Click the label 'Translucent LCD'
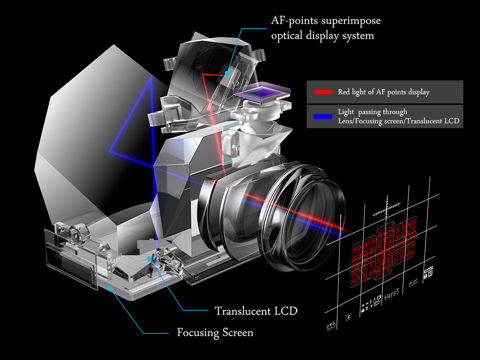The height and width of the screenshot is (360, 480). tap(256, 310)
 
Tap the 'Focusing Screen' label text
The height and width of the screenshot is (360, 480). tap(215, 333)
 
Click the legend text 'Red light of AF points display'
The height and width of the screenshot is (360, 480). tap(383, 92)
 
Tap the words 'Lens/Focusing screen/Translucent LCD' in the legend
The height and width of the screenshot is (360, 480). tap(398, 120)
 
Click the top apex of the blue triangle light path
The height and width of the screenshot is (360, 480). tap(151, 77)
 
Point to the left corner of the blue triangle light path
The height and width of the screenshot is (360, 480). tap(110, 151)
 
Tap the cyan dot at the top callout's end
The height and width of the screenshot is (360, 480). tap(226, 73)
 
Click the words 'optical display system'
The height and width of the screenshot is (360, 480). tap(322, 36)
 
